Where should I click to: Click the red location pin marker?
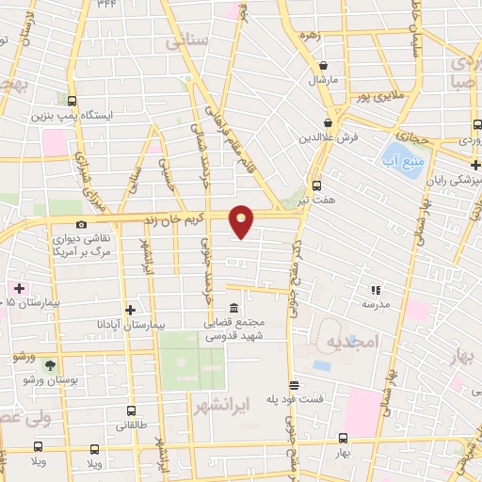point(242,220)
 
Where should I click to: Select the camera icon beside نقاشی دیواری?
point(83,224)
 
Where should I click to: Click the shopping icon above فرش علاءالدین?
point(329,122)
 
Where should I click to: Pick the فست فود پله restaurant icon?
point(294,385)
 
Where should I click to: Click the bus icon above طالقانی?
point(131,410)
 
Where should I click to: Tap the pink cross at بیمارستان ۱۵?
point(16,286)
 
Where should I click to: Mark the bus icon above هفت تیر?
point(317,185)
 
